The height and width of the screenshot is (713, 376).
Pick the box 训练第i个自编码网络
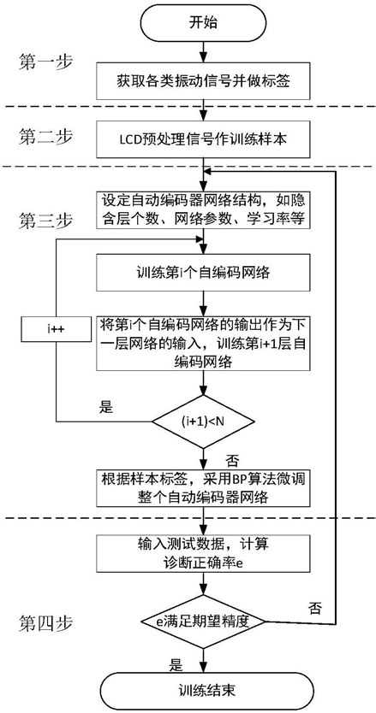pos(203,274)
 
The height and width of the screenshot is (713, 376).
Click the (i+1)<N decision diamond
pos(203,421)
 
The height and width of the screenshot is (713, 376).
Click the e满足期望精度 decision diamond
pos(203,622)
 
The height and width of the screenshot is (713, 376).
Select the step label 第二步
pos(45,136)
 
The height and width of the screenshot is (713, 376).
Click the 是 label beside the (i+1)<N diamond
pos(105,407)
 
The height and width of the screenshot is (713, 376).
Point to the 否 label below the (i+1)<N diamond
pos(232,461)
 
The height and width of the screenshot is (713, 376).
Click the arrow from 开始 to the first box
pos(203,52)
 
